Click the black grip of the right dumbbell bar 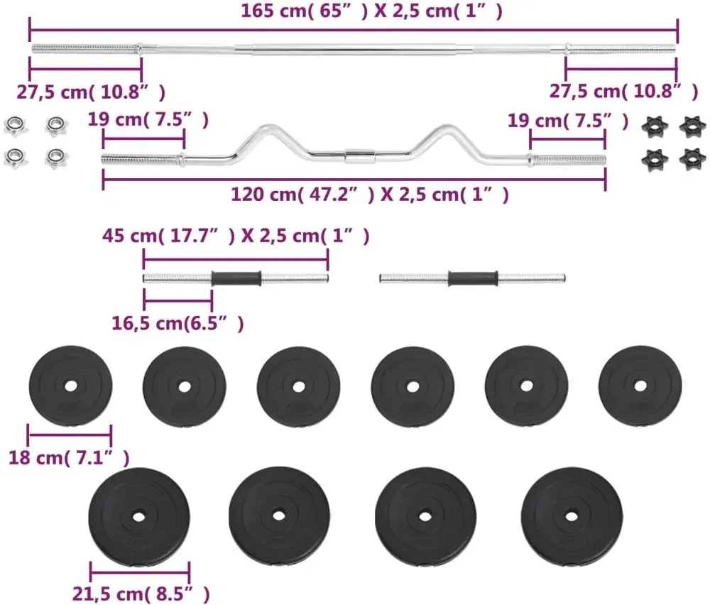coord(472,277)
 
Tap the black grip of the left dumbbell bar coord(236,277)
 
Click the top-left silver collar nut coord(13,126)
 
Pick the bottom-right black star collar coord(692,158)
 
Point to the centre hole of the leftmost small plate coord(70,387)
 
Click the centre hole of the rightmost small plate coord(640,386)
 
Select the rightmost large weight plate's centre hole coord(570,515)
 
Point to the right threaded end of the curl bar coord(568,160)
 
